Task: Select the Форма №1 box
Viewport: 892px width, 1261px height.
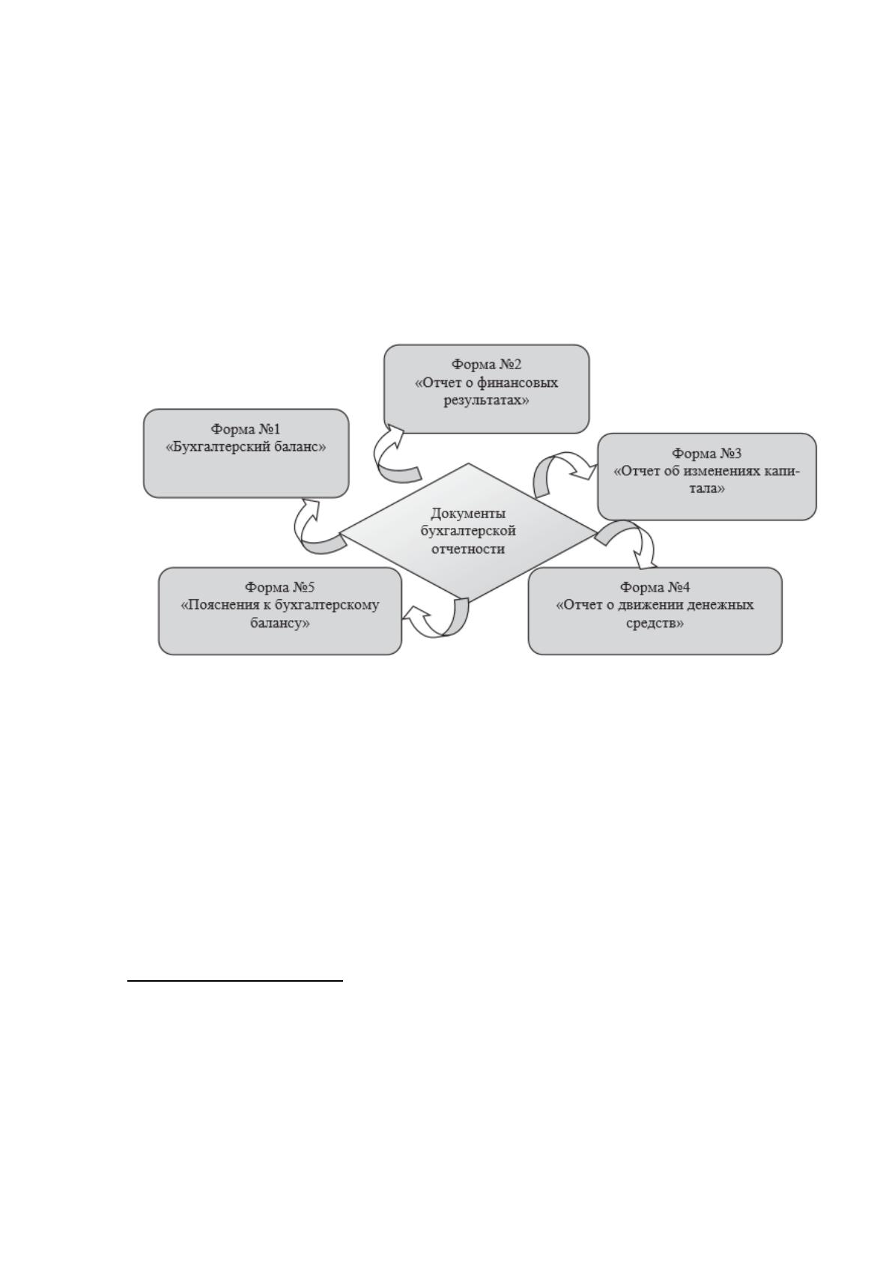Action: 246,453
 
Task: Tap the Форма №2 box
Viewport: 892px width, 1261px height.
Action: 487,389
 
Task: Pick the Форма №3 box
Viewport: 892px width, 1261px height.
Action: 707,476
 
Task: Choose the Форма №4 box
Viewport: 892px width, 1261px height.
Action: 655,611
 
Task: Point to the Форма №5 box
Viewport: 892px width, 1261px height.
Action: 280,611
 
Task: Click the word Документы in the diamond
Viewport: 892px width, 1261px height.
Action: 468,514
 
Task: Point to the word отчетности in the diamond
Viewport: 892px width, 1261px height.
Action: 468,549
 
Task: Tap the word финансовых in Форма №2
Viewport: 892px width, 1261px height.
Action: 518,383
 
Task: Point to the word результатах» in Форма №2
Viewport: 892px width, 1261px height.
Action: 487,401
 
